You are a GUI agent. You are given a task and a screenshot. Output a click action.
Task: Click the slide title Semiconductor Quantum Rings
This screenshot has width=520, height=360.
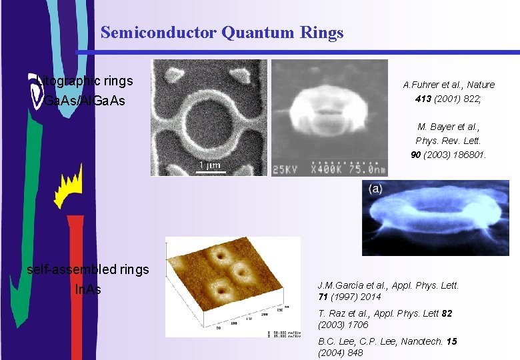[x=222, y=32]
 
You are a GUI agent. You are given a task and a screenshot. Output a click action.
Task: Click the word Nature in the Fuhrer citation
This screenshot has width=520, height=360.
[x=480, y=85]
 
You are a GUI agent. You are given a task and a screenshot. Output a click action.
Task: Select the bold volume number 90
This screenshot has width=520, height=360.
[x=416, y=155]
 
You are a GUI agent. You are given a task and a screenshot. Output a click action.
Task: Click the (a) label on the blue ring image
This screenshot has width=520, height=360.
[x=375, y=189]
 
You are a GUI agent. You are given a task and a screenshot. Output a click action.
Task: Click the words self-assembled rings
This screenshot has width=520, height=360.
[x=87, y=269]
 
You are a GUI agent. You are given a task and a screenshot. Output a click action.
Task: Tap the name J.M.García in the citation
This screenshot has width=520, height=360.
[x=342, y=285]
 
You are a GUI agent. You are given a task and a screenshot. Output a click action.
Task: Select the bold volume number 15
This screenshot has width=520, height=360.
[x=452, y=341]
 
